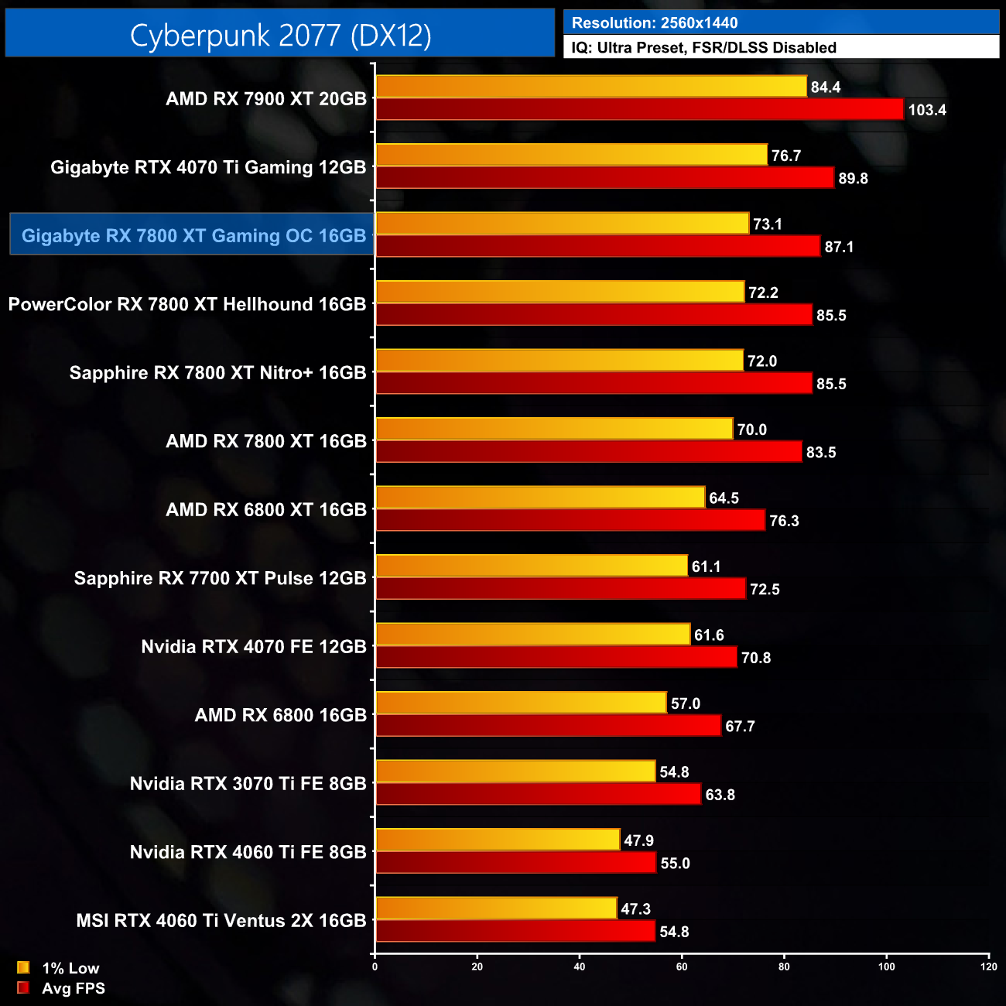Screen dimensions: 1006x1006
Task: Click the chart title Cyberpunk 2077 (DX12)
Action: point(280,35)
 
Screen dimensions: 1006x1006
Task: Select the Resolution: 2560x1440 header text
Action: point(654,22)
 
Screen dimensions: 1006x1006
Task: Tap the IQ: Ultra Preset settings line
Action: point(703,48)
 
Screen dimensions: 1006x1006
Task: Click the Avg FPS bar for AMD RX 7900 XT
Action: point(639,109)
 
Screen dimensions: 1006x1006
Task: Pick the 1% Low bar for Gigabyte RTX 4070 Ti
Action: point(571,155)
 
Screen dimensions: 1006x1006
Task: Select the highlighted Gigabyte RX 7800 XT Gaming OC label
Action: point(193,235)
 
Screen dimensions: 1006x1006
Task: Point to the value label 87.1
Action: point(839,247)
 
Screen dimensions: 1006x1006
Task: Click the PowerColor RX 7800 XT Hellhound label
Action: point(186,304)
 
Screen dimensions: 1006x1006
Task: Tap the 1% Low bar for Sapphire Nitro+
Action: point(559,361)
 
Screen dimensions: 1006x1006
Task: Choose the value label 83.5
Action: point(821,453)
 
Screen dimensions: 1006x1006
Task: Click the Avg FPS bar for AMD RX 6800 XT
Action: point(570,520)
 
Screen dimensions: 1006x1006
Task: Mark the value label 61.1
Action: point(706,567)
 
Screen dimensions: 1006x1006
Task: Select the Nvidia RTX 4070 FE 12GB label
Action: point(253,647)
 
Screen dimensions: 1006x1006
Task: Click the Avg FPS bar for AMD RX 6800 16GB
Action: point(548,726)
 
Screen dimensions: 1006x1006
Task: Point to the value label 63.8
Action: point(720,796)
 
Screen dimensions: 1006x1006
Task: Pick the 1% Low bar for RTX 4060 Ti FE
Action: point(497,840)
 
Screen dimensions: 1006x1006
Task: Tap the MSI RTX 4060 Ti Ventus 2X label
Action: point(221,921)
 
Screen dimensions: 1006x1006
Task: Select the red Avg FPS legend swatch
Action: point(23,988)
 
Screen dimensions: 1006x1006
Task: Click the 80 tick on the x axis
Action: point(784,967)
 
